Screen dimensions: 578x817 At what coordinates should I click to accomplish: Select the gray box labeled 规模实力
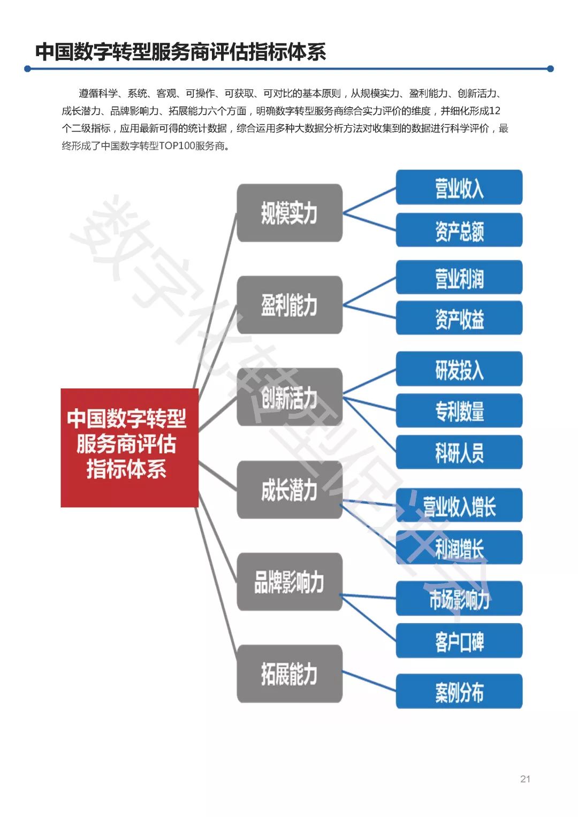tap(289, 213)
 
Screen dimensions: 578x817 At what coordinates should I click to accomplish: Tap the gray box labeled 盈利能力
tap(289, 305)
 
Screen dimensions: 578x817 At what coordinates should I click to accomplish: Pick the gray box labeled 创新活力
tap(289, 397)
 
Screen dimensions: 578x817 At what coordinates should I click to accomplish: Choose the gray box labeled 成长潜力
tap(289, 490)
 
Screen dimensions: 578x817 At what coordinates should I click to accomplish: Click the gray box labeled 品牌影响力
tap(289, 582)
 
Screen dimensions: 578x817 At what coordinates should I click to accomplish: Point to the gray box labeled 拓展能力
tap(289, 674)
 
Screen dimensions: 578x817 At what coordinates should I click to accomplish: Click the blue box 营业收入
tap(459, 187)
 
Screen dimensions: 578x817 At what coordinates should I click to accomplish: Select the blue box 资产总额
tap(459, 230)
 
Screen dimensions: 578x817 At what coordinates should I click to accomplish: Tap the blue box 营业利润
tap(459, 277)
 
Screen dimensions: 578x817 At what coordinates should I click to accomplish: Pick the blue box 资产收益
tap(459, 318)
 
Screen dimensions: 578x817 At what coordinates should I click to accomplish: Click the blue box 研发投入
tap(459, 369)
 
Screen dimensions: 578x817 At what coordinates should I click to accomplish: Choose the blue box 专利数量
tap(459, 410)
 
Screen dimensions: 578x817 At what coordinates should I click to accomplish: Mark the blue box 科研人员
tap(459, 452)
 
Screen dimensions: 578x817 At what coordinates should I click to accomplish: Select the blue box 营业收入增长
tap(459, 505)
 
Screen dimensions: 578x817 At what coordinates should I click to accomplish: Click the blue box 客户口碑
tap(459, 640)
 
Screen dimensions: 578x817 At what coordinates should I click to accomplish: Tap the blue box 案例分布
tap(459, 691)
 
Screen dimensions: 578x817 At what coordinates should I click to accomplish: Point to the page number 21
tap(525, 779)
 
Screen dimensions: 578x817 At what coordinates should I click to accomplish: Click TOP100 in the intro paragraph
tap(177, 146)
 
